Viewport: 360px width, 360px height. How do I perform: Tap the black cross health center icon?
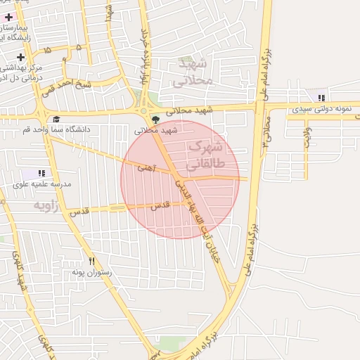pyautogui.click(x=20, y=57)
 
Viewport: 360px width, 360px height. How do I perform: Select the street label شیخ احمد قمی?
pyautogui.click(x=66, y=88)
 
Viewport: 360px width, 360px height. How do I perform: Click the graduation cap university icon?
pyautogui.click(x=56, y=120)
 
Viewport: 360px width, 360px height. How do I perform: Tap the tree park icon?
pyautogui.click(x=155, y=120)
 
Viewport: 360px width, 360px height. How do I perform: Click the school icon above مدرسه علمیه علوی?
pyautogui.click(x=41, y=173)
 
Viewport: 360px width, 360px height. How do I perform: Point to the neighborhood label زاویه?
pyautogui.click(x=46, y=205)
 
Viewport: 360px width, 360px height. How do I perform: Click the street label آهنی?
pyautogui.click(x=146, y=167)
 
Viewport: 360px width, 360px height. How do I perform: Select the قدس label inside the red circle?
pyautogui.click(x=161, y=205)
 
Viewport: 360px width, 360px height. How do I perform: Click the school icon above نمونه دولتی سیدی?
pyautogui.click(x=321, y=98)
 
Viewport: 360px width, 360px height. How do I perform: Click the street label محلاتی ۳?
pyautogui.click(x=266, y=129)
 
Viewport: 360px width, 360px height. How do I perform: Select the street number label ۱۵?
pyautogui.click(x=47, y=51)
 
